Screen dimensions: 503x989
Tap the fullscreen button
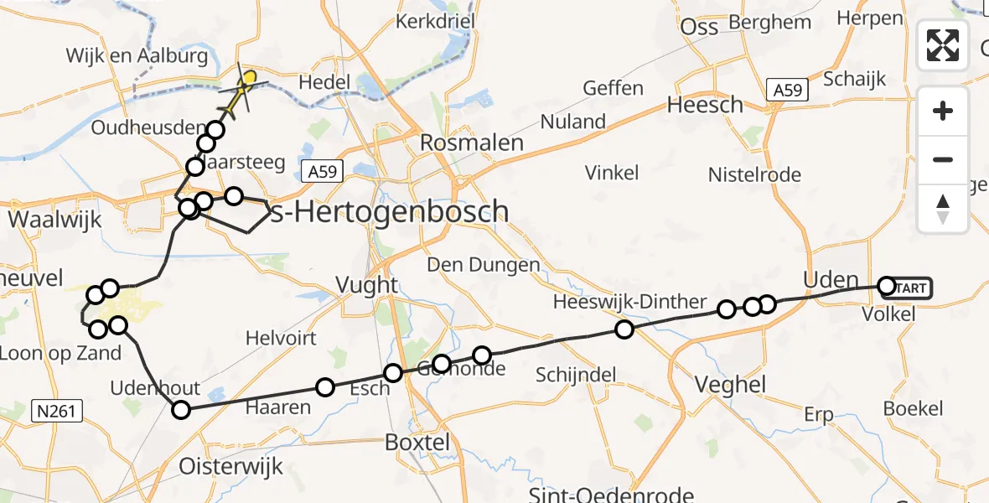(x=943, y=45)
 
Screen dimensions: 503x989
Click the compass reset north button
(x=943, y=208)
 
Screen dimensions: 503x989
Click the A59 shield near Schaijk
(x=787, y=90)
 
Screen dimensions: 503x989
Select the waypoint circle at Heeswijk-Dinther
(x=624, y=329)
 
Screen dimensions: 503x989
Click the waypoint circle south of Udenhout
(x=181, y=410)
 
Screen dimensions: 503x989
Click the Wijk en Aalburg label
(x=137, y=56)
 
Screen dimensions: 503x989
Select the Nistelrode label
(x=754, y=175)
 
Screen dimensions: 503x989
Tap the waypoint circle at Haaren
(x=325, y=386)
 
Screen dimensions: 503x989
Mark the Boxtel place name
(x=418, y=442)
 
